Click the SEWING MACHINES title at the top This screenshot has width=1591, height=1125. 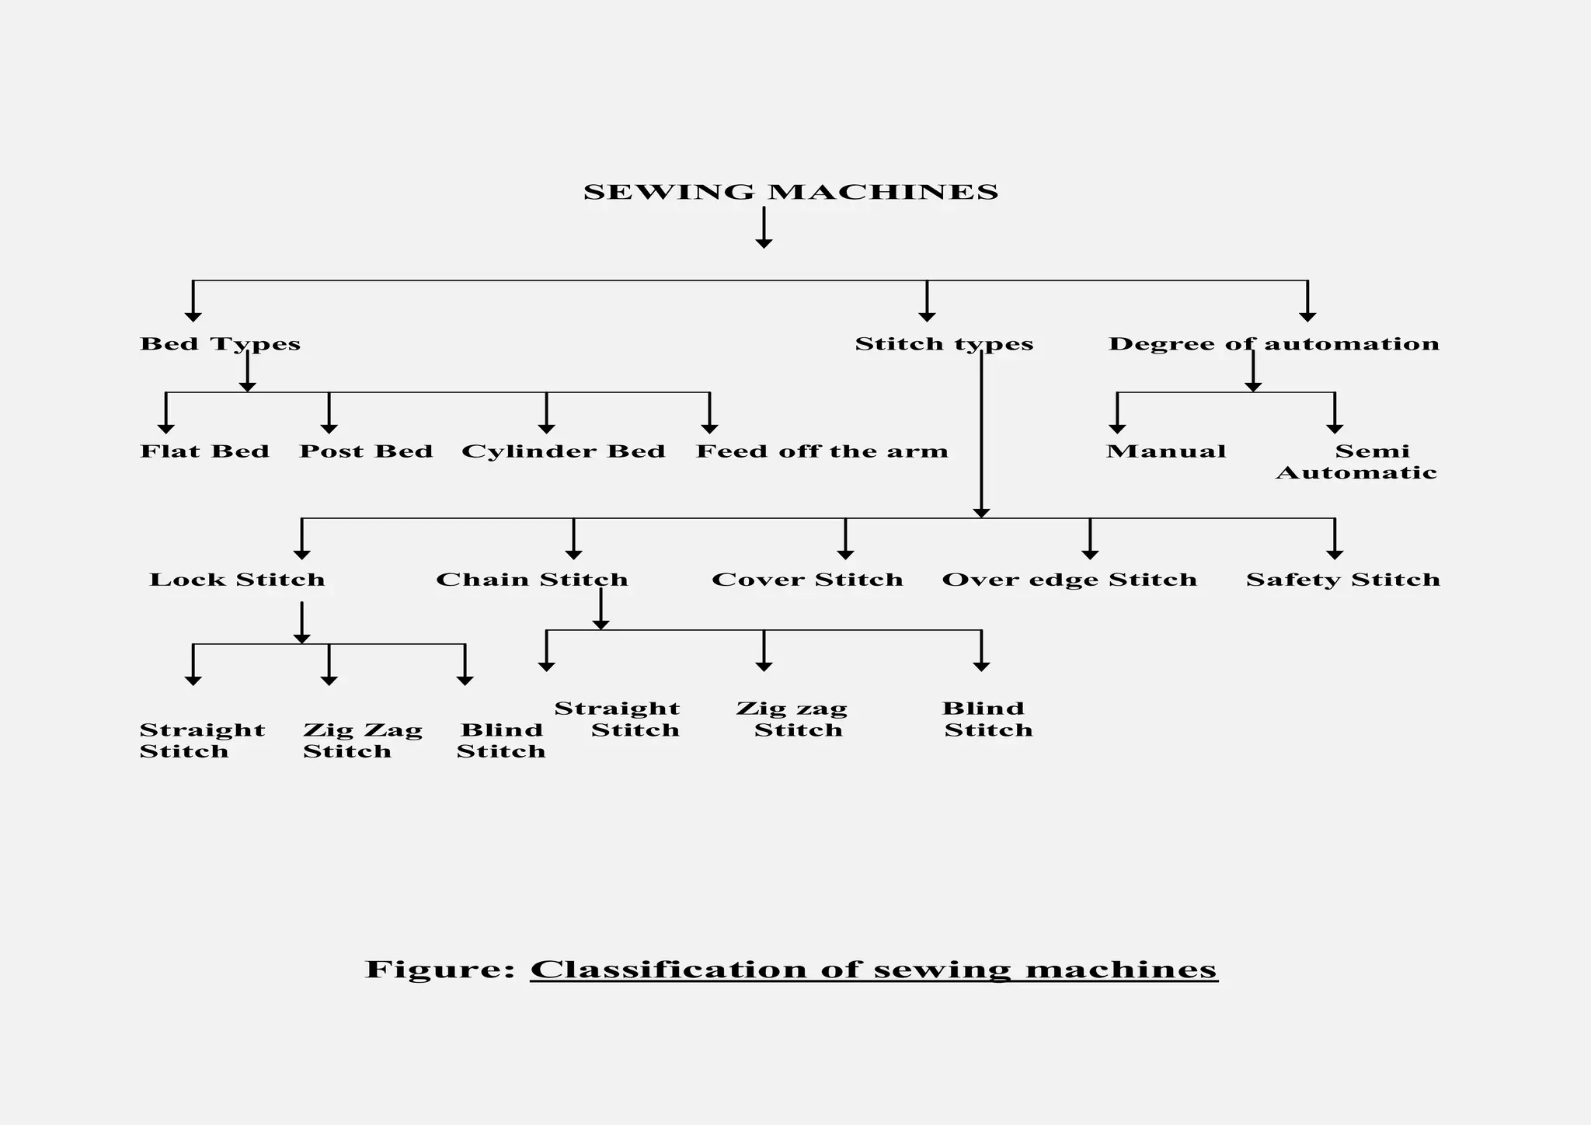tap(790, 192)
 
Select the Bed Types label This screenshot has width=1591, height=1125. tap(220, 344)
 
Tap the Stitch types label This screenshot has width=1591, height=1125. tap(944, 344)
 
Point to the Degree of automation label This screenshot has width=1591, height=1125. tap(1273, 344)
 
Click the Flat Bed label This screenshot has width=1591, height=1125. tap(204, 451)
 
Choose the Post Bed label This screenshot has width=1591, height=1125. tap(366, 451)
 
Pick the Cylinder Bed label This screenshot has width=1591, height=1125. tap(563, 451)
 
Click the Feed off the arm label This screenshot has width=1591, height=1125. tap(822, 451)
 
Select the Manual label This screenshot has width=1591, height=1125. tap(1166, 451)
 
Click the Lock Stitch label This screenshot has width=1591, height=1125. tap(237, 580)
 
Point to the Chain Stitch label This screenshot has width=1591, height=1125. tap(532, 580)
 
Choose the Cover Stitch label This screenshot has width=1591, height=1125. tap(807, 580)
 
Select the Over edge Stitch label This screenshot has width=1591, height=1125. tap(1069, 580)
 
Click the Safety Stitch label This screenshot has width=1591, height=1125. tap(1343, 580)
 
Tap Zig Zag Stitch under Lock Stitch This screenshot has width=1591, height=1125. tap(362, 740)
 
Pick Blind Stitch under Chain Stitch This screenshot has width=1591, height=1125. tap(987, 719)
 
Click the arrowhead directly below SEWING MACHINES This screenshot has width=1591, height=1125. tap(764, 243)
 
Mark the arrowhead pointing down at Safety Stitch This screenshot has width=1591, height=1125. tap(1335, 554)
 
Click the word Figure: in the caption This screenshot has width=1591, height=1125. tap(440, 970)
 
